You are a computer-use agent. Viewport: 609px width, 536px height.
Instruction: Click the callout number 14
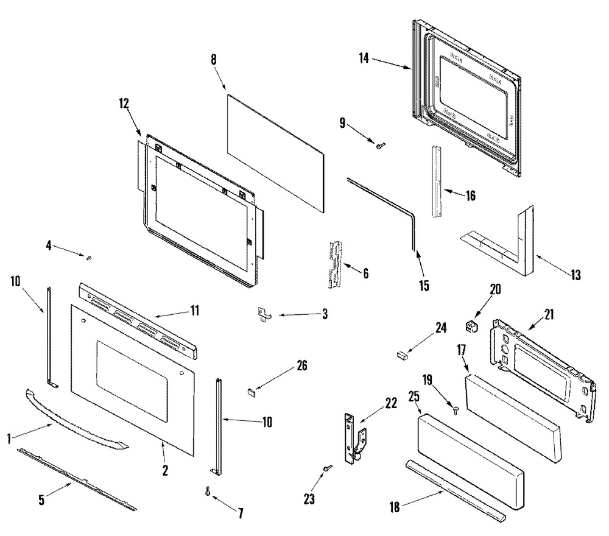coord(364,58)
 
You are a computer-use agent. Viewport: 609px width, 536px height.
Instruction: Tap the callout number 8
coord(213,60)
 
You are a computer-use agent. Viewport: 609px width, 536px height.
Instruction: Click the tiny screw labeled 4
coord(90,258)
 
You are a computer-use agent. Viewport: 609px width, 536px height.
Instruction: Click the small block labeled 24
coord(402,353)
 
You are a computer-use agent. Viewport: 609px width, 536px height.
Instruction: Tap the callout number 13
coord(576,275)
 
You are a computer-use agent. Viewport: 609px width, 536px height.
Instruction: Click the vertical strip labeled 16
coord(437,180)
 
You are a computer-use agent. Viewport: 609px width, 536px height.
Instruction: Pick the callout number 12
coord(124,104)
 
